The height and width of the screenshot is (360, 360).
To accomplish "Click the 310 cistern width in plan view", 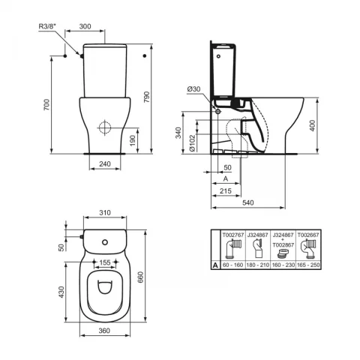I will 106,212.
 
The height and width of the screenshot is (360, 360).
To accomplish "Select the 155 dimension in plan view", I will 106,263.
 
